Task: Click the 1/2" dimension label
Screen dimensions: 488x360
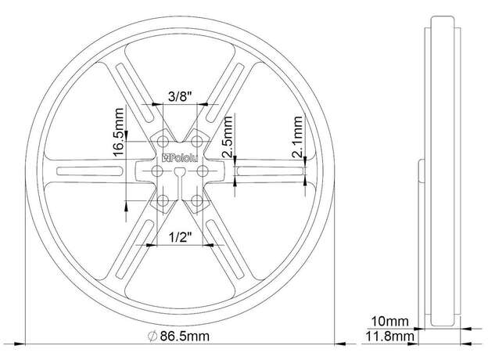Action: click(180, 238)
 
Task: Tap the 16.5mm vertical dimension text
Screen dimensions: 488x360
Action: click(119, 131)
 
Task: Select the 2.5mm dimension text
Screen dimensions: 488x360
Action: click(228, 136)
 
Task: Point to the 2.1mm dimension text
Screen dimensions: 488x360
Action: click(297, 136)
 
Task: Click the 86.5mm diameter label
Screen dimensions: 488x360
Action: click(185, 337)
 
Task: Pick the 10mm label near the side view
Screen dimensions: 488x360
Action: click(389, 322)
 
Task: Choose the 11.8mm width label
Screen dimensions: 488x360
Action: click(389, 337)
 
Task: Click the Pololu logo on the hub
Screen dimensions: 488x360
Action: click(180, 158)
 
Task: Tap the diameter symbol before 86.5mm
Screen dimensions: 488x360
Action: click(152, 337)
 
